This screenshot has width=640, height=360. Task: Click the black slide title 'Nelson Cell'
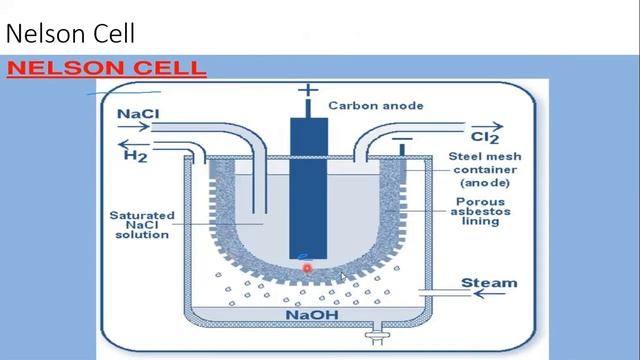(70, 33)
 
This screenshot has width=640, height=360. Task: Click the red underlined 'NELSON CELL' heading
(106, 69)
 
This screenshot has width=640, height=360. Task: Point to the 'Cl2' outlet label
(484, 137)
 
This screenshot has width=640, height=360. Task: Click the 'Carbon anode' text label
(375, 105)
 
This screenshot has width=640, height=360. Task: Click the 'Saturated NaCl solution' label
(141, 225)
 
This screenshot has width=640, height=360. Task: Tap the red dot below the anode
(307, 267)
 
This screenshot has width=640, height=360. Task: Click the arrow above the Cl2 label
(486, 125)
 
